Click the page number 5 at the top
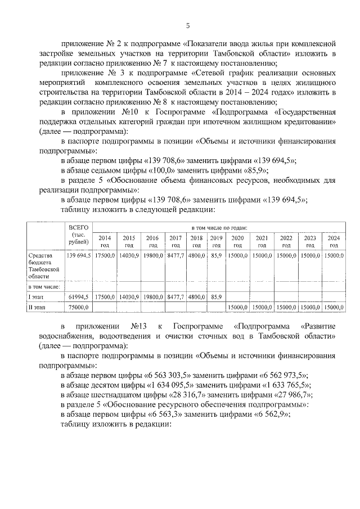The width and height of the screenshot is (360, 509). pyautogui.click(x=188, y=25)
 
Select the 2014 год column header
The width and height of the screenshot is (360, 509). pyautogui.click(x=105, y=241)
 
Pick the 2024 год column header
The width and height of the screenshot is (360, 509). pyautogui.click(x=334, y=241)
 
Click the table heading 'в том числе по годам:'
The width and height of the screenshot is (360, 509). pyautogui.click(x=219, y=227)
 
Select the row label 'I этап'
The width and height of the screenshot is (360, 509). pyautogui.click(x=36, y=296)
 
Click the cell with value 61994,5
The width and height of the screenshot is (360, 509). pyautogui.click(x=78, y=296)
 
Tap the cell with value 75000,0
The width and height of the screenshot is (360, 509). pyautogui.click(x=78, y=307)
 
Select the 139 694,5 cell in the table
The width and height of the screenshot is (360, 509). pyautogui.click(x=78, y=255)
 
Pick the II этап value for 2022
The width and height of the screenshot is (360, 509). pyautogui.click(x=286, y=307)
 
